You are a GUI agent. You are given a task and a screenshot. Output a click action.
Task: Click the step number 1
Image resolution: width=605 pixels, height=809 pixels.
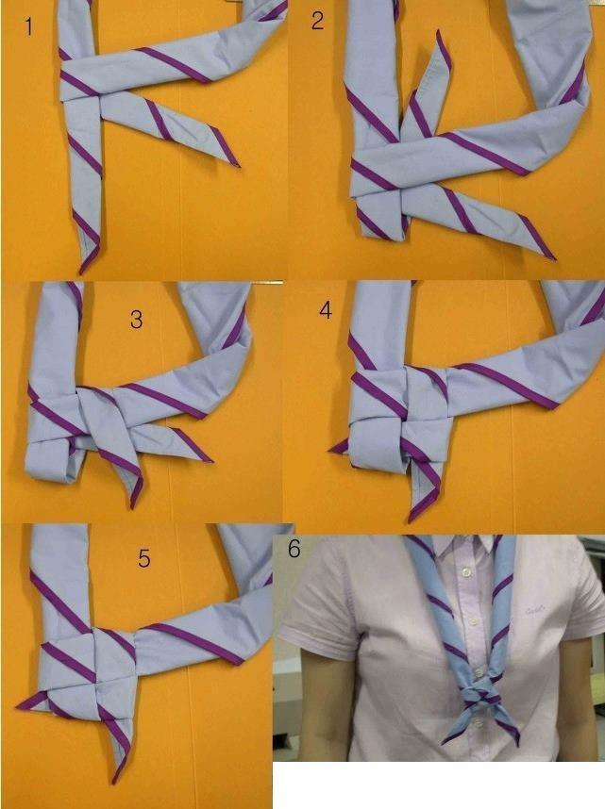28,26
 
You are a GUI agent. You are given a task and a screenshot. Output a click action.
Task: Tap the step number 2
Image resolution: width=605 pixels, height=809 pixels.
317,21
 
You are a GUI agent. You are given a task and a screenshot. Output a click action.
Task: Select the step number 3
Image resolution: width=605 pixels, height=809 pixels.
137,321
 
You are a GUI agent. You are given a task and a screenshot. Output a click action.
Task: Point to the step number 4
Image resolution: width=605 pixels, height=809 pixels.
326,309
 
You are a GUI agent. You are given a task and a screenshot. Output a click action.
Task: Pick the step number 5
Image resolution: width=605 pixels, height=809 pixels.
143,558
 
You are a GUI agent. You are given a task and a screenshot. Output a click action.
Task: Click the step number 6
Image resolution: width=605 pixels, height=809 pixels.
294,549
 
